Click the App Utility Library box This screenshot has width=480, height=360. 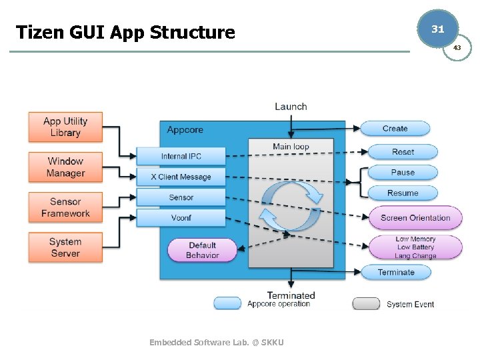(x=65, y=127)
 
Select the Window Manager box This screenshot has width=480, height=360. (x=65, y=167)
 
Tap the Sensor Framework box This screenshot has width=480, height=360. (x=65, y=207)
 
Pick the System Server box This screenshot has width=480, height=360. (x=65, y=247)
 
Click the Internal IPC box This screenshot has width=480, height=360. (x=181, y=157)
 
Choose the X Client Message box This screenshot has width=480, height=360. (x=181, y=177)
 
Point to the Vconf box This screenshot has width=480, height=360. (x=181, y=217)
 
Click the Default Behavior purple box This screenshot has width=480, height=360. (x=202, y=250)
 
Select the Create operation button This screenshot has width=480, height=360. (x=395, y=129)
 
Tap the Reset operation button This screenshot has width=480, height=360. (x=403, y=152)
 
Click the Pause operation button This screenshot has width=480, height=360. (x=403, y=173)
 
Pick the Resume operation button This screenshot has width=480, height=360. (x=403, y=193)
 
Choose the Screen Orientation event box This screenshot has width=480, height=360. (x=415, y=217)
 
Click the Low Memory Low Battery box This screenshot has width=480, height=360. (x=415, y=247)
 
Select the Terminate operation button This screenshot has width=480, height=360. (x=395, y=272)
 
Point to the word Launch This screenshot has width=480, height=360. (x=291, y=107)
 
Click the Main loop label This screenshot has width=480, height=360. (x=291, y=147)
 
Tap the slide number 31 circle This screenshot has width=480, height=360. (x=437, y=29)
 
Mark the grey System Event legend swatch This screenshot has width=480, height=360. (x=366, y=304)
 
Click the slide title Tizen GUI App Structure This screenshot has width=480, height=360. (x=125, y=32)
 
